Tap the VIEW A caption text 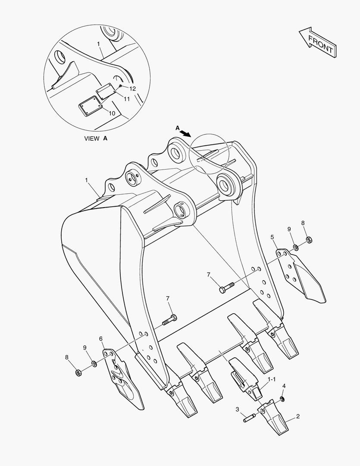coord(95,139)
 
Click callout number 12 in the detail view coord(132,88)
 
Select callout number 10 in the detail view coord(111,113)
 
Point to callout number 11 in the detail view coord(126,99)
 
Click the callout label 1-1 coord(272,379)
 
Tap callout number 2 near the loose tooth coord(298,417)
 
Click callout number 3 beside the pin coord(238,409)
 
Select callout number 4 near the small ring coord(284,386)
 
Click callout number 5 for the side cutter coord(272,237)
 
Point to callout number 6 coord(101,339)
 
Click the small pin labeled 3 coord(250,417)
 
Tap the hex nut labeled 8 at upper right coord(309,239)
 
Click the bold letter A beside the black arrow coord(177,128)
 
